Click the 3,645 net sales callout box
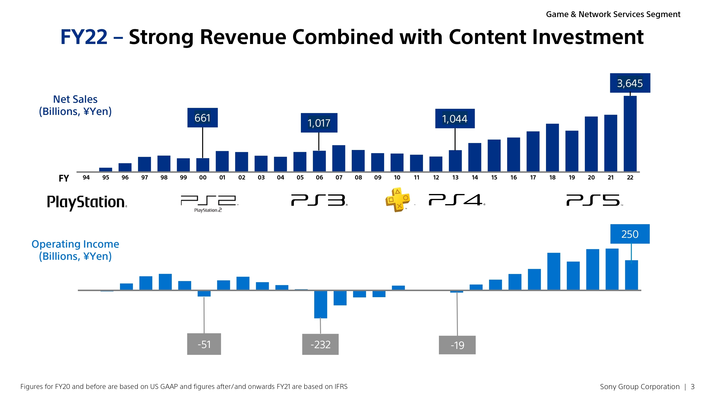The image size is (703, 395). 630,83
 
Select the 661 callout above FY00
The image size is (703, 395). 202,118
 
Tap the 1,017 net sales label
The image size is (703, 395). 319,123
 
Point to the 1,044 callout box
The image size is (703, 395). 455,119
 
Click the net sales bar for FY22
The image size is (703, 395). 630,134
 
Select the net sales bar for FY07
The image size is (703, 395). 339,158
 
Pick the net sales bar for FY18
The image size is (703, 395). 552,147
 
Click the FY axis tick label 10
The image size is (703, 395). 397,177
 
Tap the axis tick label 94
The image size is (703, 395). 86,177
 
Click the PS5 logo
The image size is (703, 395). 594,200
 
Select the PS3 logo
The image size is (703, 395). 319,200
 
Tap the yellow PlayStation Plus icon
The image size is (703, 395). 398,200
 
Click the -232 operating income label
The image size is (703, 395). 320,344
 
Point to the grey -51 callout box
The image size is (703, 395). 204,344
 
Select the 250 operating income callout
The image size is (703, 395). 630,234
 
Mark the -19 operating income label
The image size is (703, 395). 457,345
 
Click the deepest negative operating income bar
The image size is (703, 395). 320,304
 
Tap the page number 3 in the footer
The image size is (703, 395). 692,387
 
